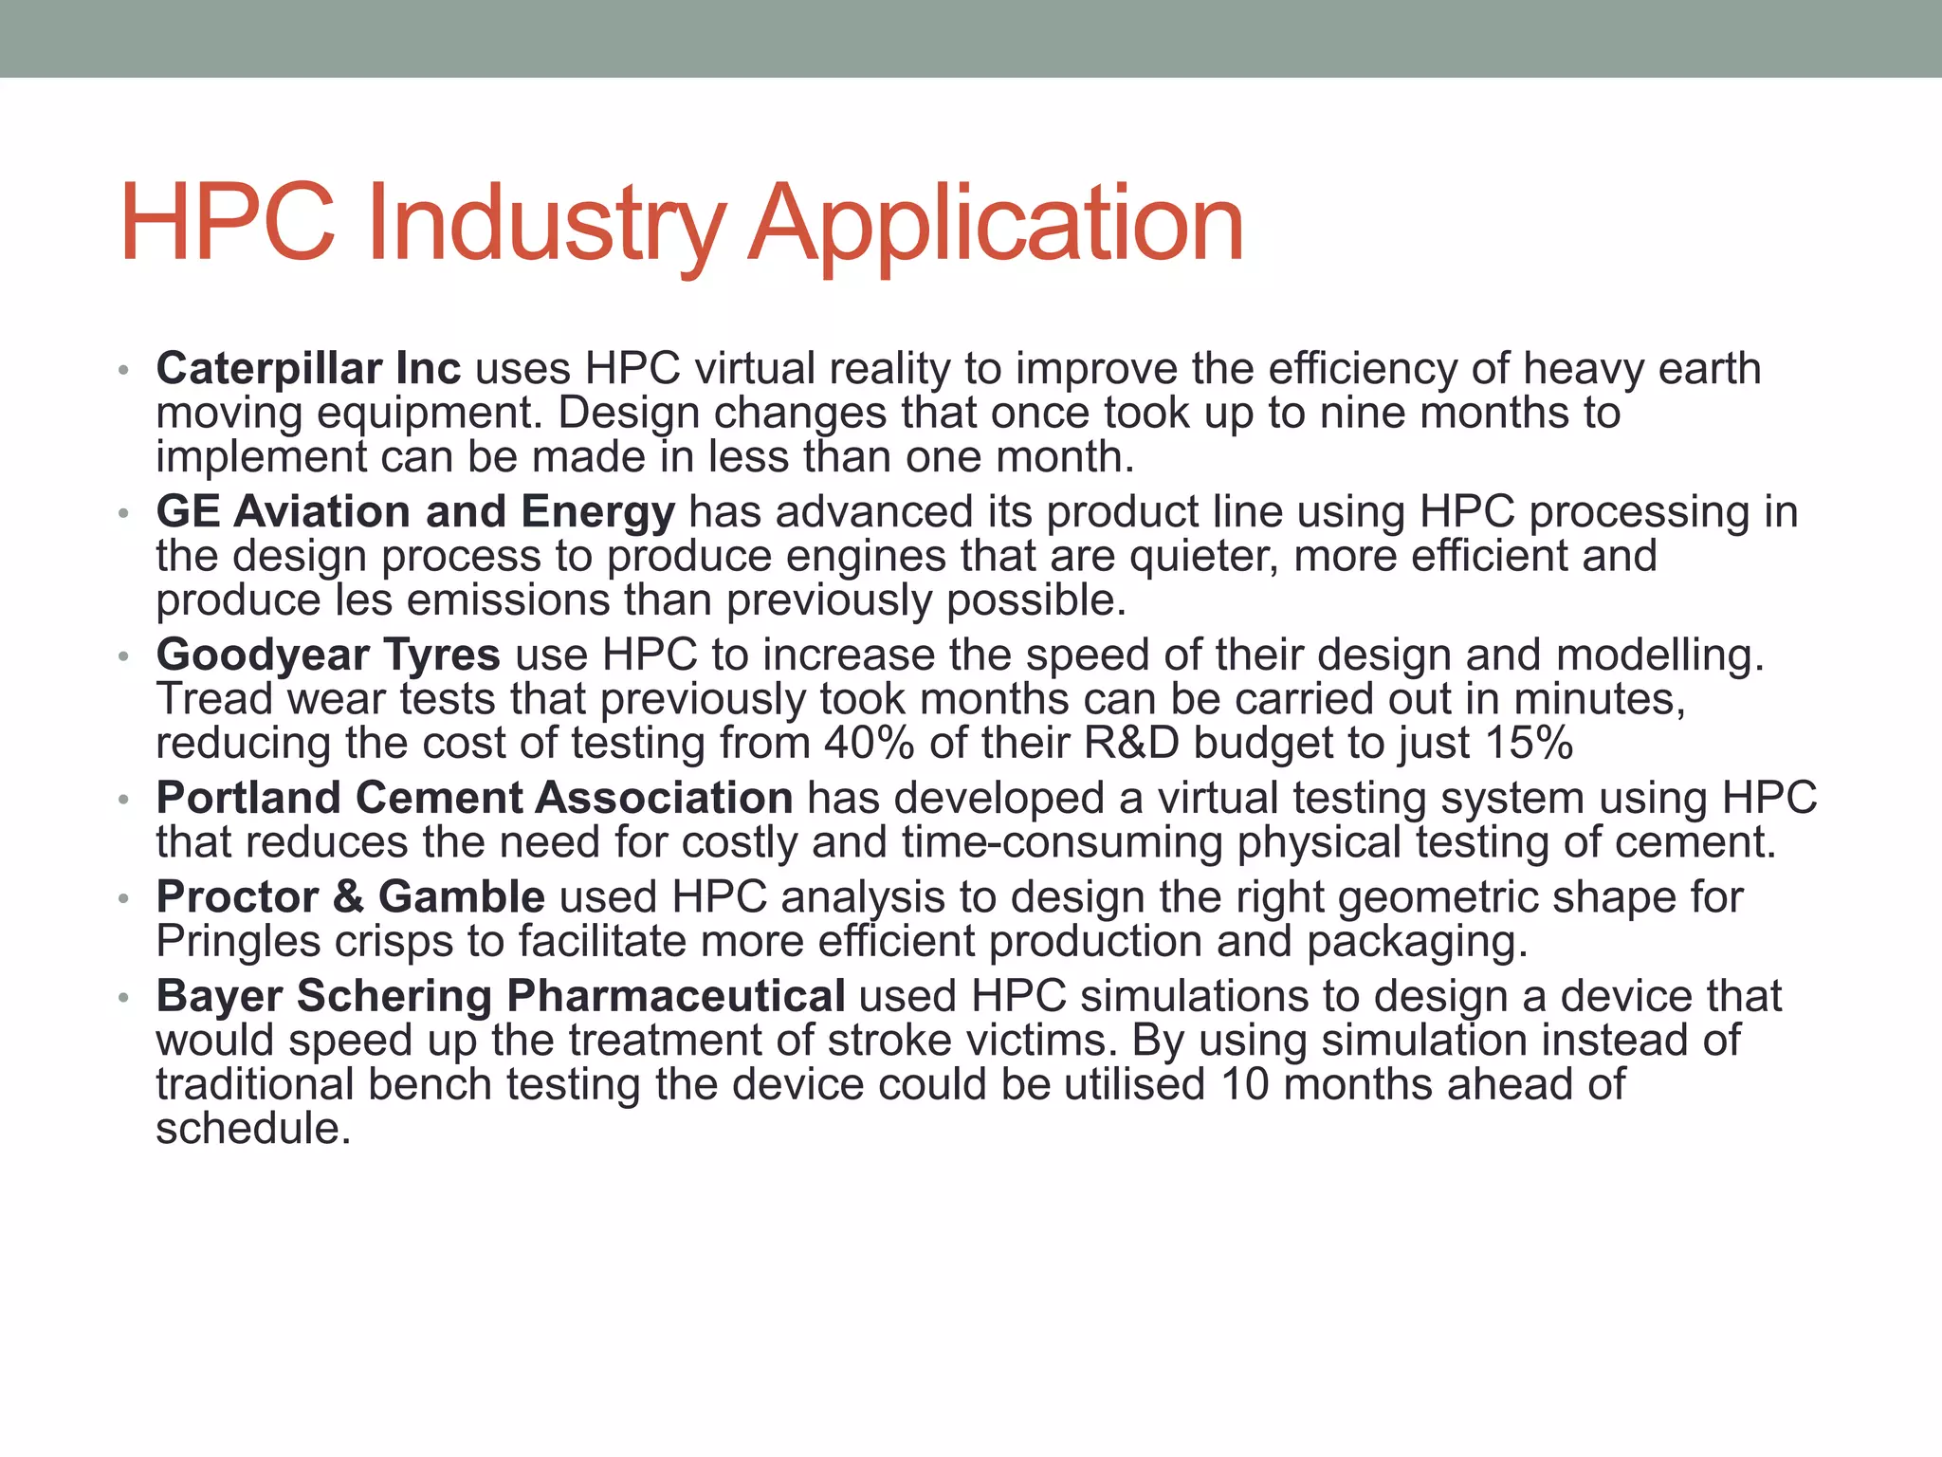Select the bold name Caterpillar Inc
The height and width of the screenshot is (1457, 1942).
point(308,368)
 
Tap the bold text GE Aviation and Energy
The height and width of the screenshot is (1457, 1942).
point(415,511)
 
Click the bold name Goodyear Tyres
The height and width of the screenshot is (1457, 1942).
point(328,655)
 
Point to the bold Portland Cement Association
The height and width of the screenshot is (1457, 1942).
point(474,798)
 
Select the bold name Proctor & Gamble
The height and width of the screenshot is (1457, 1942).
point(350,897)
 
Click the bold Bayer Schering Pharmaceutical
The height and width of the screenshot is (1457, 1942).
point(501,996)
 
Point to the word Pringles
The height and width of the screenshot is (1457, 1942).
point(238,942)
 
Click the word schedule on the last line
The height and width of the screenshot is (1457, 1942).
point(252,1129)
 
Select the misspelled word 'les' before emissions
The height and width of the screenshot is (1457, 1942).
point(364,600)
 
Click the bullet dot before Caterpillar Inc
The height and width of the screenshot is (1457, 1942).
point(122,370)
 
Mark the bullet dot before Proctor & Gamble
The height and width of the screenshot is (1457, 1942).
point(122,899)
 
